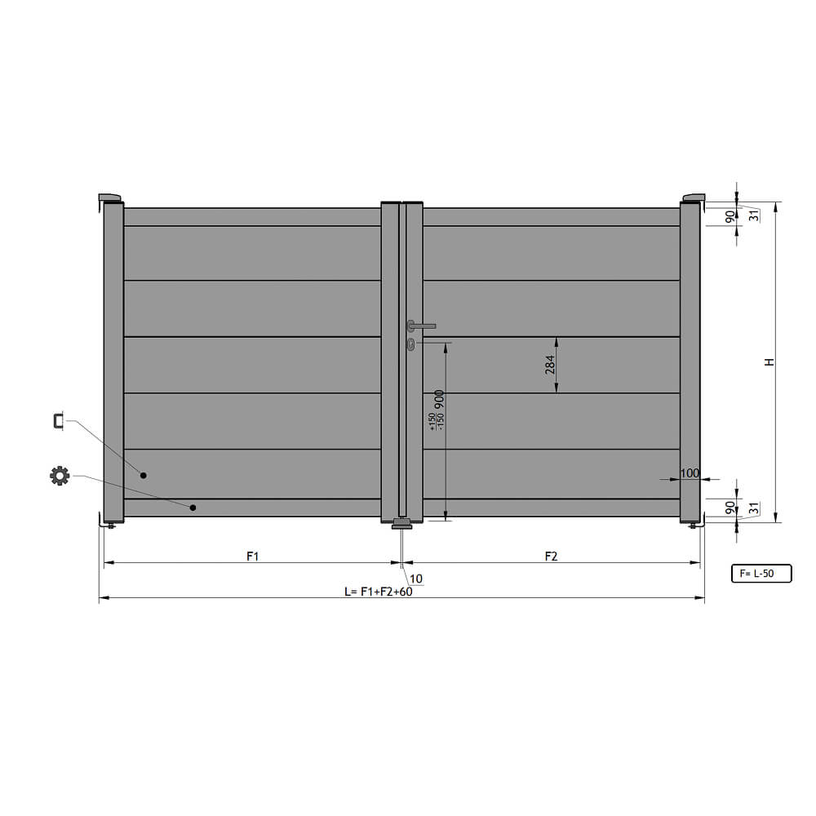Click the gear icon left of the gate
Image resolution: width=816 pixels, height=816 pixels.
click(x=60, y=476)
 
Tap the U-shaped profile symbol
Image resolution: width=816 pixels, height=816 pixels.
click(x=57, y=421)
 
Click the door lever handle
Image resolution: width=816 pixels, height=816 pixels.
click(x=421, y=326)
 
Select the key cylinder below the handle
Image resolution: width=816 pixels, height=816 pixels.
click(x=411, y=344)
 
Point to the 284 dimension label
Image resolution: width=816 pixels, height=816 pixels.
click(x=549, y=365)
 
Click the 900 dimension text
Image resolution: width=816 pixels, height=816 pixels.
click(x=439, y=400)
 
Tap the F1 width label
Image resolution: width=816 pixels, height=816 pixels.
click(x=252, y=557)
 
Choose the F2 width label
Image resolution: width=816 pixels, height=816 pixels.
click(x=551, y=557)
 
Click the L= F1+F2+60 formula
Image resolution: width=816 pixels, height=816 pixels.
click(x=379, y=592)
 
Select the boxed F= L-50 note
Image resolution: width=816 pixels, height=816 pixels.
click(x=761, y=574)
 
